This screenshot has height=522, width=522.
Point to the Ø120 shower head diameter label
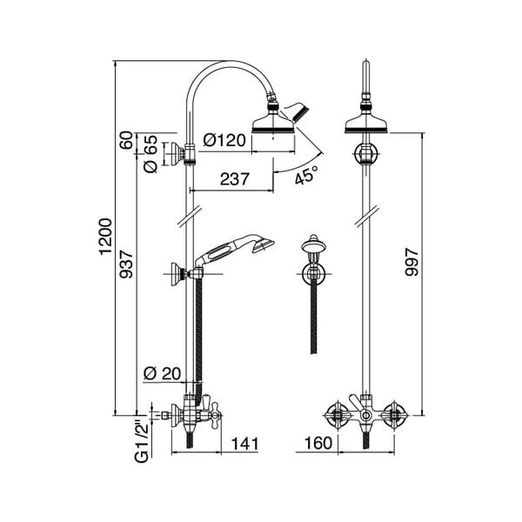point(224,140)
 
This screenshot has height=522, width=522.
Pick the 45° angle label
point(304,175)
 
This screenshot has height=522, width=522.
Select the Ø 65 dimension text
point(150,154)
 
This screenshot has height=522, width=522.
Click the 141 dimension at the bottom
point(246,445)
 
